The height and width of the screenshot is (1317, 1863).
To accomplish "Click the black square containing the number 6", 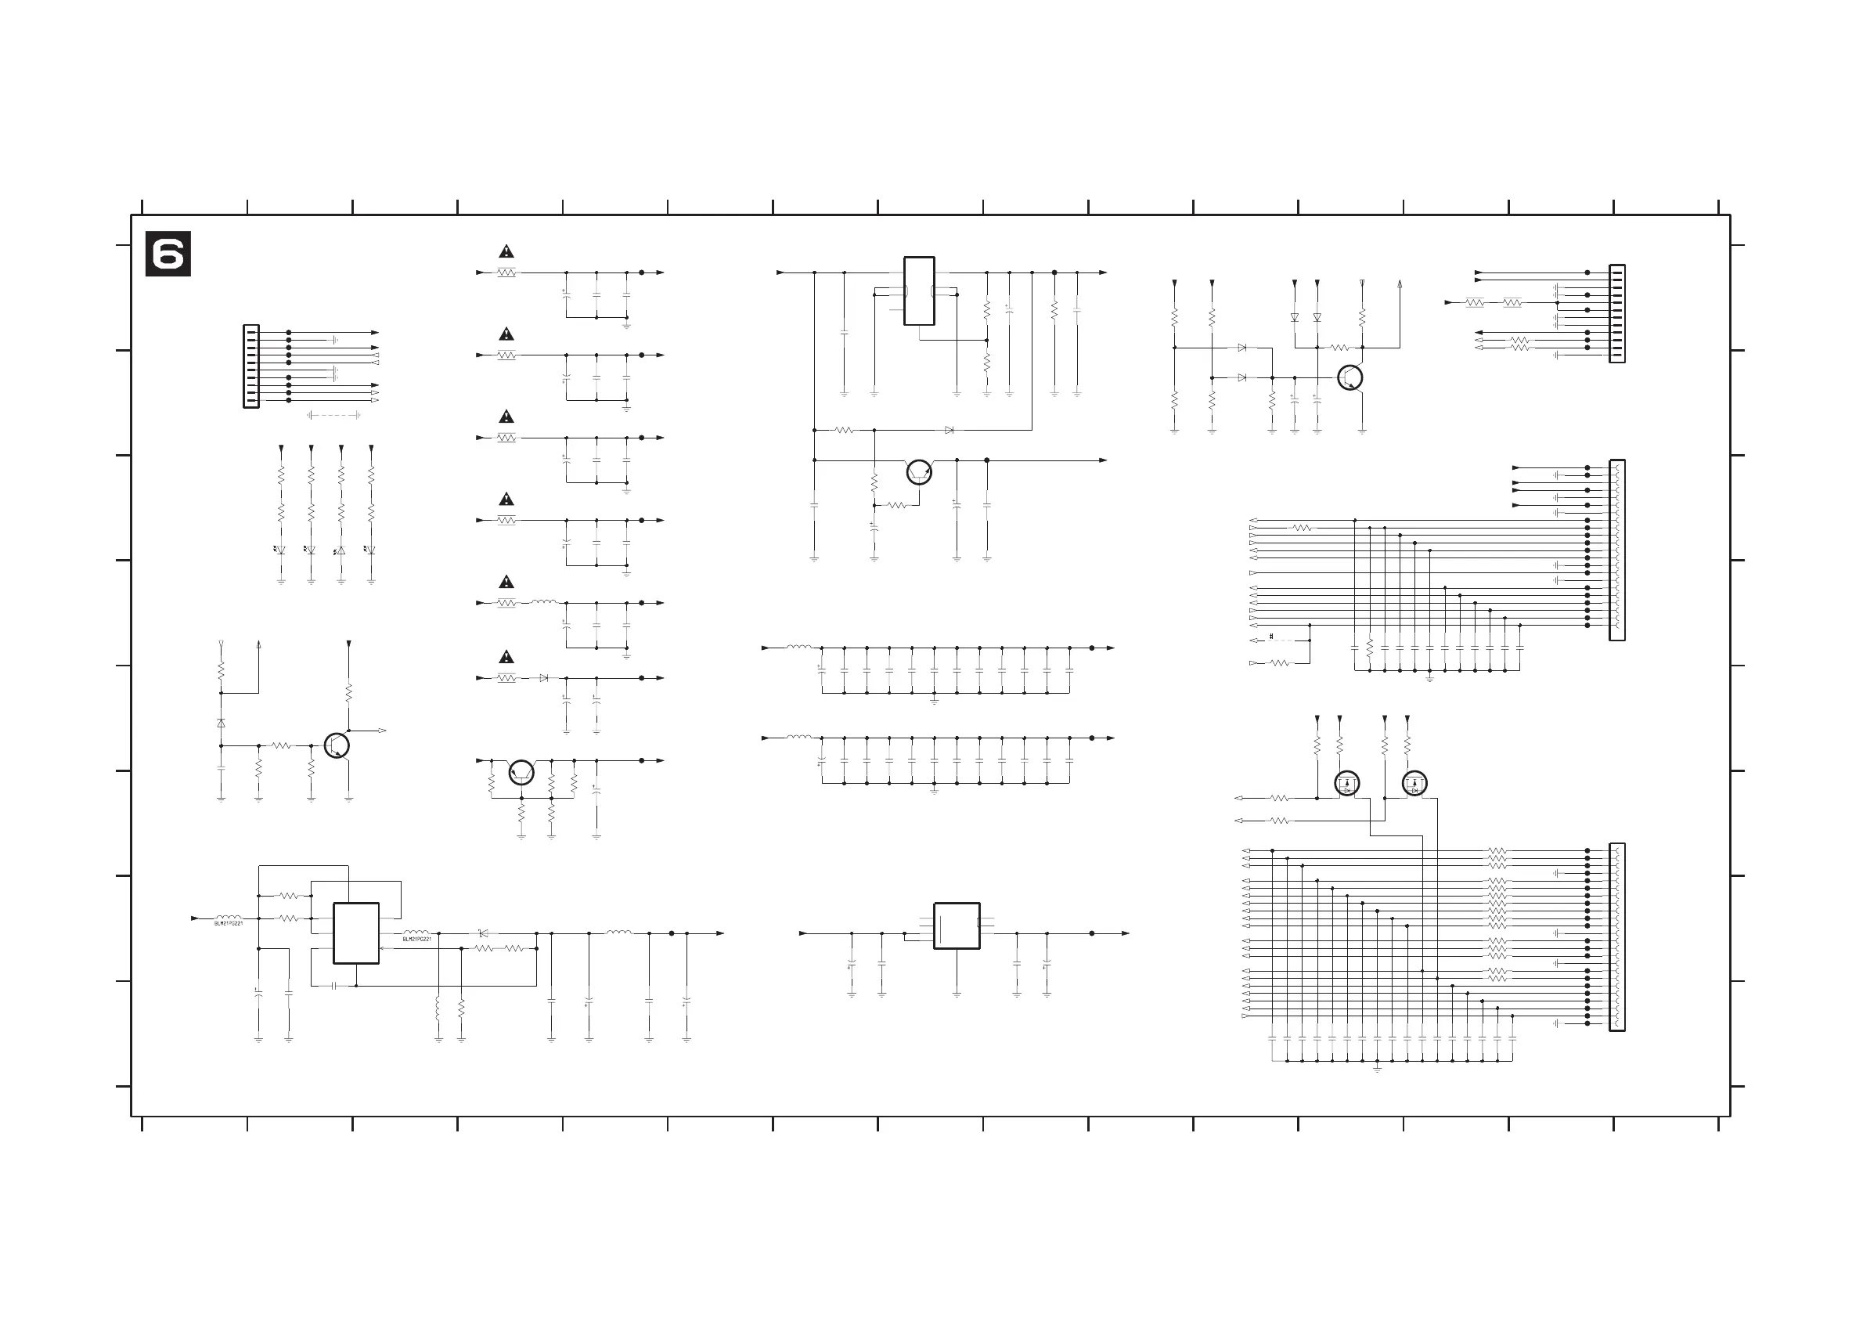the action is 168,254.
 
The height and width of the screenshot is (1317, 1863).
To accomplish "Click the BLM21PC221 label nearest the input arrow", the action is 228,923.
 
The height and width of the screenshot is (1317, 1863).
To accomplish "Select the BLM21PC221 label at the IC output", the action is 417,940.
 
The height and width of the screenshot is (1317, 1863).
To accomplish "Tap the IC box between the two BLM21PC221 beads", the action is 356,933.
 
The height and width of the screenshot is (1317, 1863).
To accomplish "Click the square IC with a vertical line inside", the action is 957,926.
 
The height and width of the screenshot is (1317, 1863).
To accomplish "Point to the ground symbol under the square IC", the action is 957,994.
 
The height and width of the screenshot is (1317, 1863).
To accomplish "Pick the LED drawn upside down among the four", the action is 341,550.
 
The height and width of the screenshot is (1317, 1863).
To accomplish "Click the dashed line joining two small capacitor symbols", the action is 333,416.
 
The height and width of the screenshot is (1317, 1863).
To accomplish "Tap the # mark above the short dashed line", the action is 1270,637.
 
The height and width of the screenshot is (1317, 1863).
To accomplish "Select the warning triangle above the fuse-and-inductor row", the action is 506,582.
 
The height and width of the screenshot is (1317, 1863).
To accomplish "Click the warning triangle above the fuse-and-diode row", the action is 506,656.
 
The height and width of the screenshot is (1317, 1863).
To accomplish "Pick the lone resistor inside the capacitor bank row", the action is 1370,648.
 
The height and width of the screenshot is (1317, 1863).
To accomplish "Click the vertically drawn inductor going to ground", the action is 438,1009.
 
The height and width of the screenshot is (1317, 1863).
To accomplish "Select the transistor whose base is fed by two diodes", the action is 1350,378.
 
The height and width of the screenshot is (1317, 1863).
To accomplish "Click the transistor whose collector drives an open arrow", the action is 337,745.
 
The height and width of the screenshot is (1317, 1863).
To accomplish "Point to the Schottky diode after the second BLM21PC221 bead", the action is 484,933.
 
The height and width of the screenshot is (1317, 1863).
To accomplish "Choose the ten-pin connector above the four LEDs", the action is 251,366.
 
